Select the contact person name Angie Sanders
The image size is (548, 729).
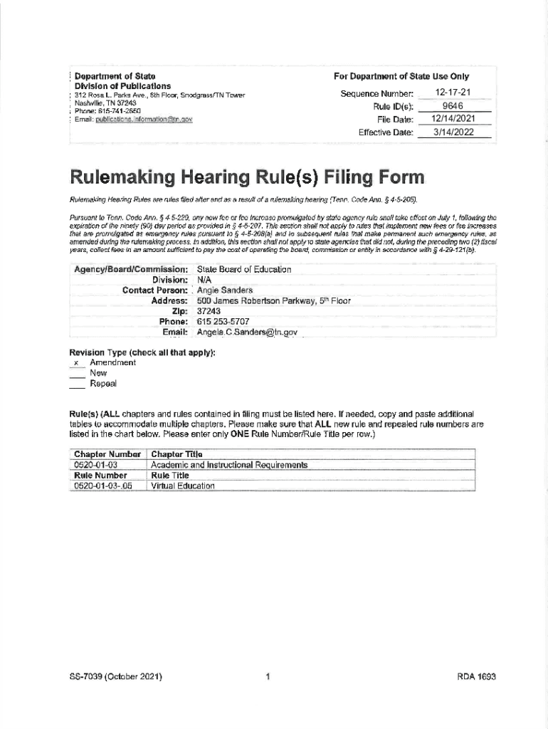[x=225, y=290]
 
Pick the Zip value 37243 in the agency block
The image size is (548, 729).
[x=210, y=311]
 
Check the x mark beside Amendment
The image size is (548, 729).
[x=75, y=363]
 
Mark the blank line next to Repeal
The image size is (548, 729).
[x=76, y=384]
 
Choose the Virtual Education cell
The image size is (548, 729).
[x=182, y=486]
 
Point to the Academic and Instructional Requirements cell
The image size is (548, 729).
[x=229, y=465]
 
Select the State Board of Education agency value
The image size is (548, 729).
[x=244, y=270]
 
